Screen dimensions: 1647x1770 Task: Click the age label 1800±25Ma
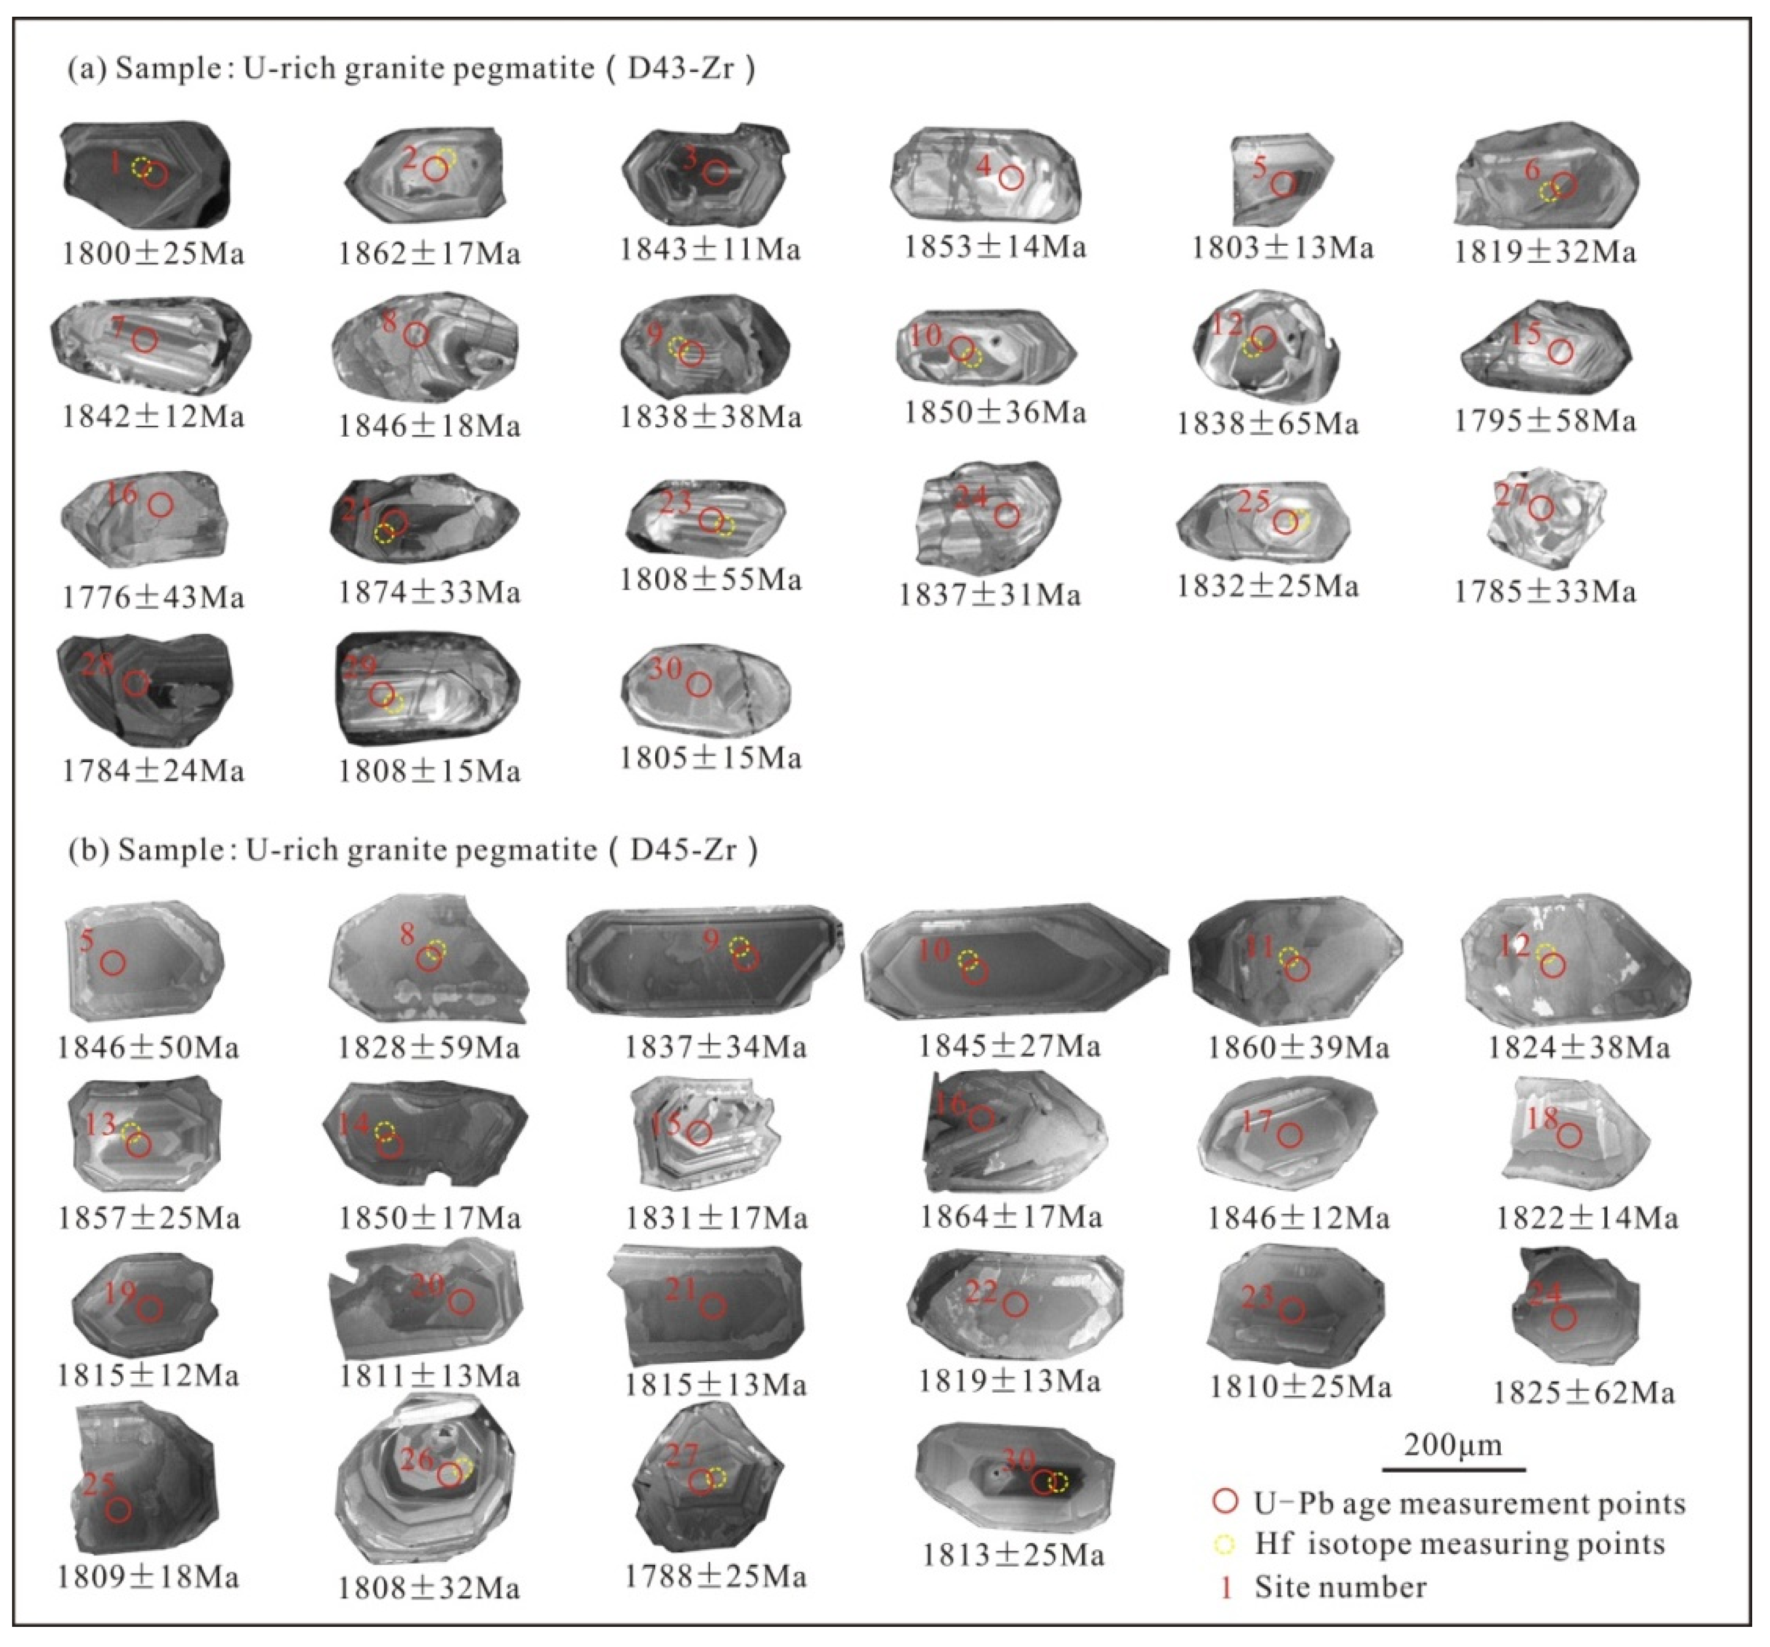(152, 254)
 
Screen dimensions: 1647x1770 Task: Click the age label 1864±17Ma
(1011, 1216)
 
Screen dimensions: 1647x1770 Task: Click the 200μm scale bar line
(1453, 1469)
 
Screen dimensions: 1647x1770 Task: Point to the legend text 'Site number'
(1340, 1587)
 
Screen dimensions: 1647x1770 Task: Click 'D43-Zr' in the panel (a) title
(681, 68)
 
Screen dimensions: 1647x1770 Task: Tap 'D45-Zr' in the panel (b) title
(683, 850)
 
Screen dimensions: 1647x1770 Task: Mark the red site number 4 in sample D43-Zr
(983, 165)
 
